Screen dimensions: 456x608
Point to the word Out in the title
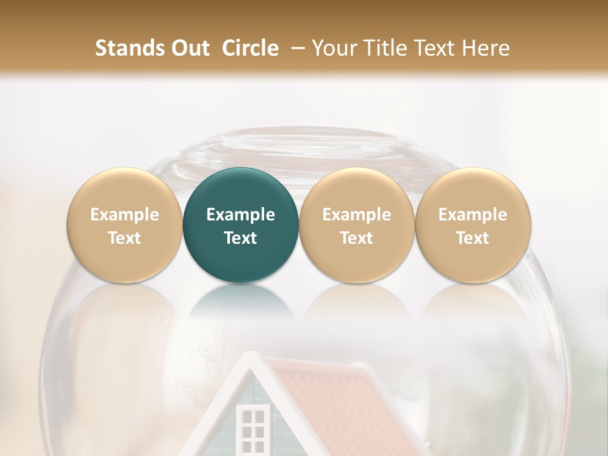(189, 48)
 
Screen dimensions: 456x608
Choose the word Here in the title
(486, 48)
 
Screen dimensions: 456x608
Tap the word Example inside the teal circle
(241, 215)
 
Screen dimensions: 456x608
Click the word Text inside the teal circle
(241, 238)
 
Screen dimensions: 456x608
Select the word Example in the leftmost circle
(124, 215)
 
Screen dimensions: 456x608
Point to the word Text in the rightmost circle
(472, 238)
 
